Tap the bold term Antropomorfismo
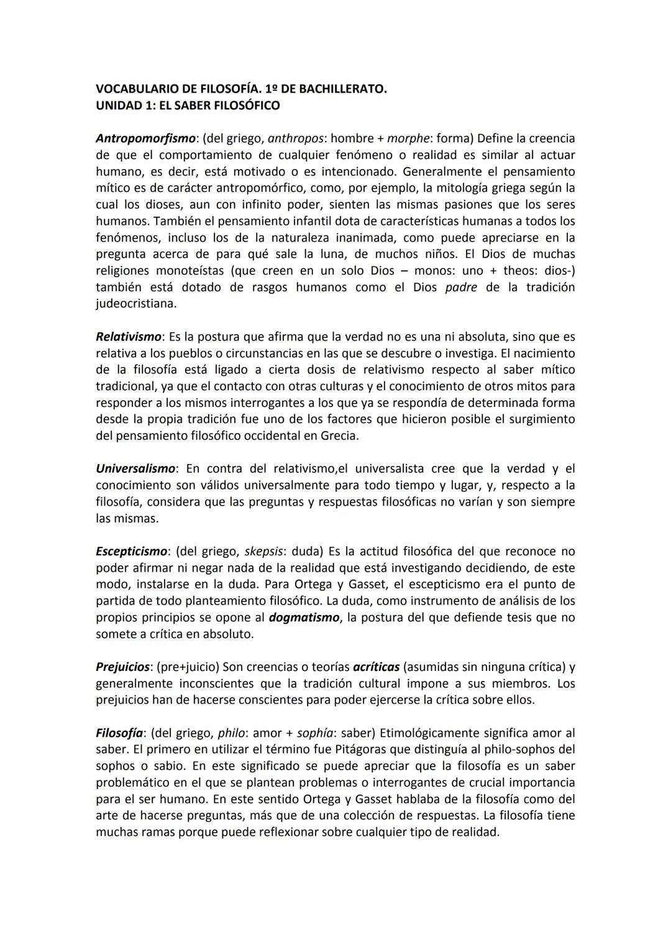point(145,139)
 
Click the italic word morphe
point(407,139)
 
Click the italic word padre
point(461,288)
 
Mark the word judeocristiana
point(135,304)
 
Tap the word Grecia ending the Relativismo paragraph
point(339,436)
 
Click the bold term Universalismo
point(136,469)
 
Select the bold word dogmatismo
point(304,618)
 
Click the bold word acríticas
point(375,667)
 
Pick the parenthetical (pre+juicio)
point(188,667)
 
